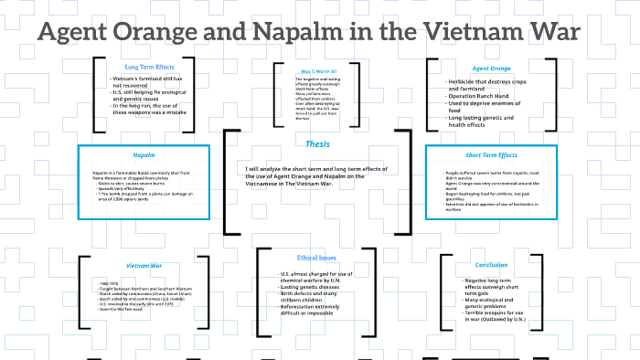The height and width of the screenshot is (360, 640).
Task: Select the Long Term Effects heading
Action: tap(150, 67)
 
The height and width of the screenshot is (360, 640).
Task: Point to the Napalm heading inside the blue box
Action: tap(143, 155)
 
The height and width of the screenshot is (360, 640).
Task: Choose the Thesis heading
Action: tap(318, 144)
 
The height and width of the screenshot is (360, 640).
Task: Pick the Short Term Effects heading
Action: tap(492, 155)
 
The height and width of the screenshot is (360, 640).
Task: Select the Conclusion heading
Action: tap(491, 266)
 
